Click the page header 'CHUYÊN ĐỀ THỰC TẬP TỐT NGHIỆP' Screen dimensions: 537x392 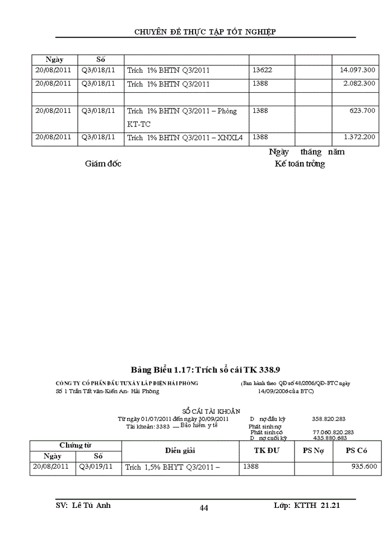(205, 31)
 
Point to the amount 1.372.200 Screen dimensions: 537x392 (359, 138)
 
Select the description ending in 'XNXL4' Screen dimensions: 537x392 (185, 138)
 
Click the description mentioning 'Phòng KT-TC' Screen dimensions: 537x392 (182, 117)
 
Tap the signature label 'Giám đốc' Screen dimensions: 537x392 (103, 164)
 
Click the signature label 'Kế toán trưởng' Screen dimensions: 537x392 (300, 164)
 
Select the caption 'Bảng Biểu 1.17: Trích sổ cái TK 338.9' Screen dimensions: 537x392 (205, 370)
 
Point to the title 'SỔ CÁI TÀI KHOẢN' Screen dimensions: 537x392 (211, 411)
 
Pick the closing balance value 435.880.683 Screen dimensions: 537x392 (330, 438)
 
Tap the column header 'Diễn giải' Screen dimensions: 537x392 (180, 450)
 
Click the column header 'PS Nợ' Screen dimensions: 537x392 (313, 450)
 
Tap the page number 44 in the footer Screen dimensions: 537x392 (204, 508)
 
